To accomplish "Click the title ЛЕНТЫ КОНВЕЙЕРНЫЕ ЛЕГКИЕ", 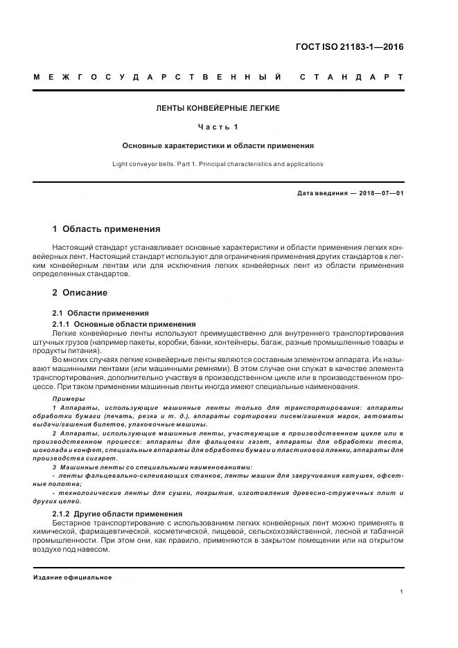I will click(x=218, y=109).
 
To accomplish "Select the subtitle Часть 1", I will click(x=218, y=127).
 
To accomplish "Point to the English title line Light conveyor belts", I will click(x=218, y=164).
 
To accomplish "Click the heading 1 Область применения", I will click(x=106, y=229).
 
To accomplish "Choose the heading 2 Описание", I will click(x=80, y=293).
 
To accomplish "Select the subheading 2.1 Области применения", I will click(x=100, y=314).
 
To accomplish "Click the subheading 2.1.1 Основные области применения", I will click(x=124, y=324).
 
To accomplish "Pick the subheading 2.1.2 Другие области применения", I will click(x=117, y=514).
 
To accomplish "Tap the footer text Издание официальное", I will click(x=72, y=577).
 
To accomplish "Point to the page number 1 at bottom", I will click(x=401, y=592).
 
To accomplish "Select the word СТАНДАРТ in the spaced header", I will click(x=351, y=76).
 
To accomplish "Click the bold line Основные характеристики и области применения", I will click(x=218, y=146).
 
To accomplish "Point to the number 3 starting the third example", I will click(x=54, y=467).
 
